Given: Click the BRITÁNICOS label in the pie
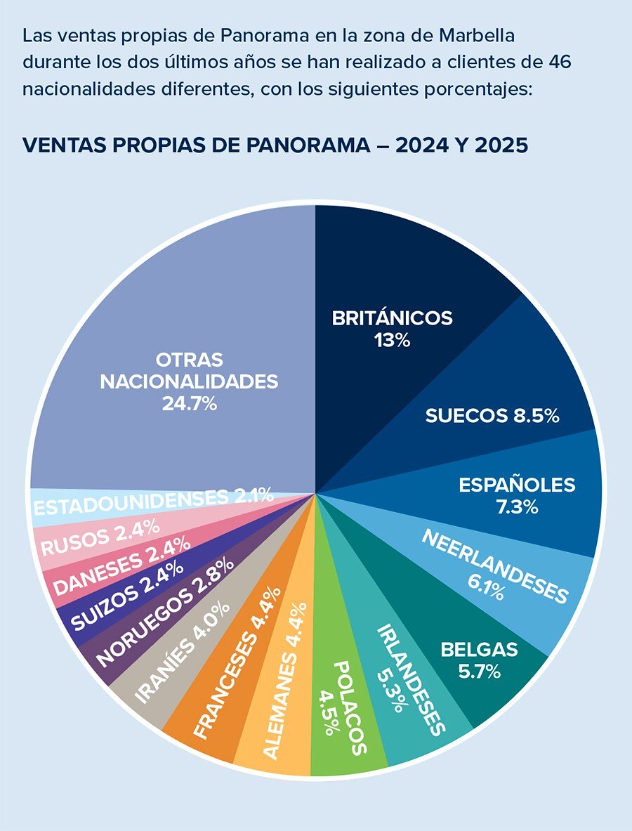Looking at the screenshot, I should (392, 318).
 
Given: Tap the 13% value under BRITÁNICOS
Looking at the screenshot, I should (392, 341).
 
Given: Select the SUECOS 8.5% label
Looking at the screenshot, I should (492, 416).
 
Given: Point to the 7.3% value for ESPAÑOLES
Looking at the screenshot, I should (517, 507).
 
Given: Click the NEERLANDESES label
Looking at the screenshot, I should (495, 565).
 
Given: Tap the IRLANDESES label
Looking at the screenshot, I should (410, 679).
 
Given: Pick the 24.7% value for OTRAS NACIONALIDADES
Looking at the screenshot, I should (189, 404).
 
